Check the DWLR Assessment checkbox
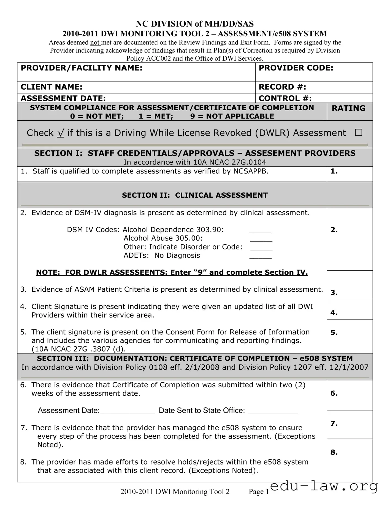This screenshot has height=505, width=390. click(358, 133)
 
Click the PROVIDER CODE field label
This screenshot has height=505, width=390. click(296, 68)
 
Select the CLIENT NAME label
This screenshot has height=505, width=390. click(52, 87)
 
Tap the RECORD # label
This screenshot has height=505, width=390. click(282, 87)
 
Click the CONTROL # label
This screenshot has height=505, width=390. click(285, 98)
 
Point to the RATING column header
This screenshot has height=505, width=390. click(348, 108)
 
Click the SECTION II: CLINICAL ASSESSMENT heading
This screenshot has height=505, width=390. click(195, 195)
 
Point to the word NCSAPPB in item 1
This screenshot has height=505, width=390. click(251, 171)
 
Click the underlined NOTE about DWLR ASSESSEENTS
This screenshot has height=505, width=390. click(172, 273)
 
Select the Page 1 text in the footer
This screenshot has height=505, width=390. click(259, 492)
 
